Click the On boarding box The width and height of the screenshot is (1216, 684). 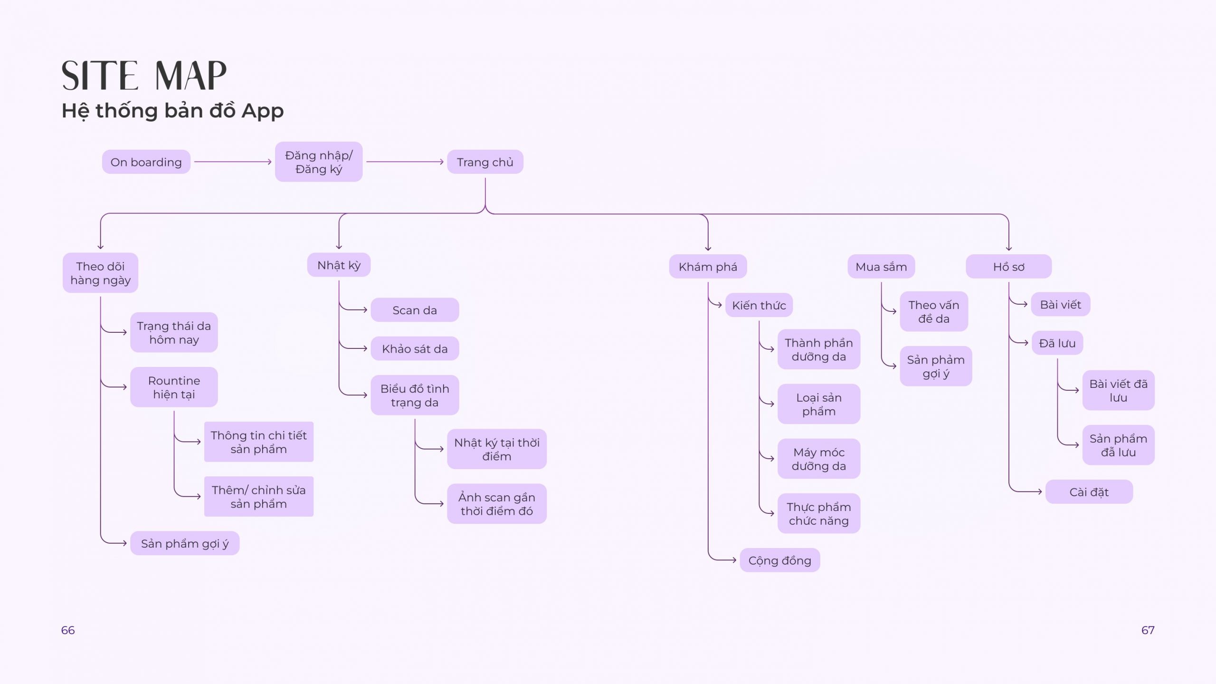tap(146, 162)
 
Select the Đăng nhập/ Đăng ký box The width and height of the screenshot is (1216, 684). tap(319, 162)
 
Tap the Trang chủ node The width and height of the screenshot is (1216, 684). tap(485, 162)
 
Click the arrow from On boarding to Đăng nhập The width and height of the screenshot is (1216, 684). tap(233, 162)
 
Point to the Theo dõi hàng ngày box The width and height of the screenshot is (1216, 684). tap(100, 273)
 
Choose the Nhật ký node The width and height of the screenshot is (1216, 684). tap(339, 265)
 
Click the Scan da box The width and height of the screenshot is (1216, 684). tap(415, 310)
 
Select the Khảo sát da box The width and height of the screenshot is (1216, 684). tap(415, 348)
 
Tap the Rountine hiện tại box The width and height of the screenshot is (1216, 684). tap(174, 387)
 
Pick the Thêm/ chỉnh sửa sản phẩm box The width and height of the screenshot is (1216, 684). tap(259, 497)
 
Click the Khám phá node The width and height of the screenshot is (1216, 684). tap(708, 267)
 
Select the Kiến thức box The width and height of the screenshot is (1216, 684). tap(759, 305)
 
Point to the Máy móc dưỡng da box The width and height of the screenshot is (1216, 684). tap(819, 459)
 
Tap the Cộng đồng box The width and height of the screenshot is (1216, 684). tap(779, 560)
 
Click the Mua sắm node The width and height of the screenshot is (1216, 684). tap(881, 267)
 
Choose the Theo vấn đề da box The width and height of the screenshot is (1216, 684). tap(934, 311)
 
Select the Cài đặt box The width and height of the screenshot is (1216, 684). tap(1089, 492)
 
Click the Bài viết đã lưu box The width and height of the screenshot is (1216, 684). tap(1119, 390)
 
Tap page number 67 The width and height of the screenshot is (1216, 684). tap(1148, 630)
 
